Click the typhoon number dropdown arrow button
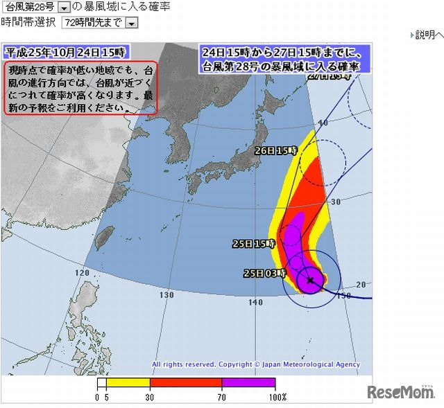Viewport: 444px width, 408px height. (x=64, y=7)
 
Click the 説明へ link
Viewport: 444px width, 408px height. (x=429, y=35)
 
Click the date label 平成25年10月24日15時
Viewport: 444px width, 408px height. (x=65, y=51)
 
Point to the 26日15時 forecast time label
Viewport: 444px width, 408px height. (x=275, y=150)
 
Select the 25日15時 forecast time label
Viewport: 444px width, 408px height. (x=254, y=244)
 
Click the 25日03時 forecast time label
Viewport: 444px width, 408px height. (x=264, y=274)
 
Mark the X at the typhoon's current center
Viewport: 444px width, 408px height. (x=310, y=281)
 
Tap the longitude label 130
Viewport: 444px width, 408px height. (x=166, y=295)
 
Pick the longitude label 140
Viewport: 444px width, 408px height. (x=255, y=303)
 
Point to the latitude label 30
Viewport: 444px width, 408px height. (x=336, y=202)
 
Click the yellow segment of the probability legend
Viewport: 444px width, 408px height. (x=128, y=382)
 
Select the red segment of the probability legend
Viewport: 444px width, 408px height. (x=186, y=382)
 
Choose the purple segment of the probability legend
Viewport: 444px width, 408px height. (x=248, y=382)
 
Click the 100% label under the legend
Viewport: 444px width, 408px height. (x=278, y=397)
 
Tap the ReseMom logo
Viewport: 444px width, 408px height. (x=401, y=393)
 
